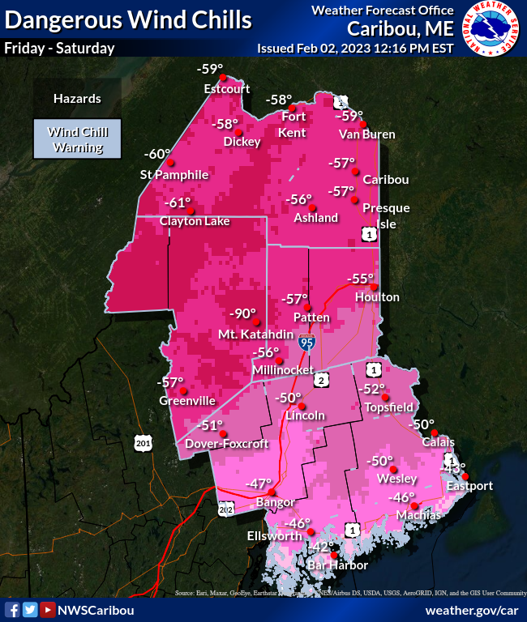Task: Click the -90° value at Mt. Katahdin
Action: (x=242, y=314)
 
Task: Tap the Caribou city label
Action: (x=385, y=179)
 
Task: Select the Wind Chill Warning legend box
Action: (x=77, y=139)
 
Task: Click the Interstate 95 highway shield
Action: (x=306, y=343)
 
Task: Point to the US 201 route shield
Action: (x=143, y=442)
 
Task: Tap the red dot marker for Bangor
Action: (x=272, y=492)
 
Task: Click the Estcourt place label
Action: (x=226, y=89)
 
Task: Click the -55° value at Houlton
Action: (x=359, y=279)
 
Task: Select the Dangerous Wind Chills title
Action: (x=128, y=19)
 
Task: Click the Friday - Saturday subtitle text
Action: (x=59, y=48)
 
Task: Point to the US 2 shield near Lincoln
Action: (x=321, y=380)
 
